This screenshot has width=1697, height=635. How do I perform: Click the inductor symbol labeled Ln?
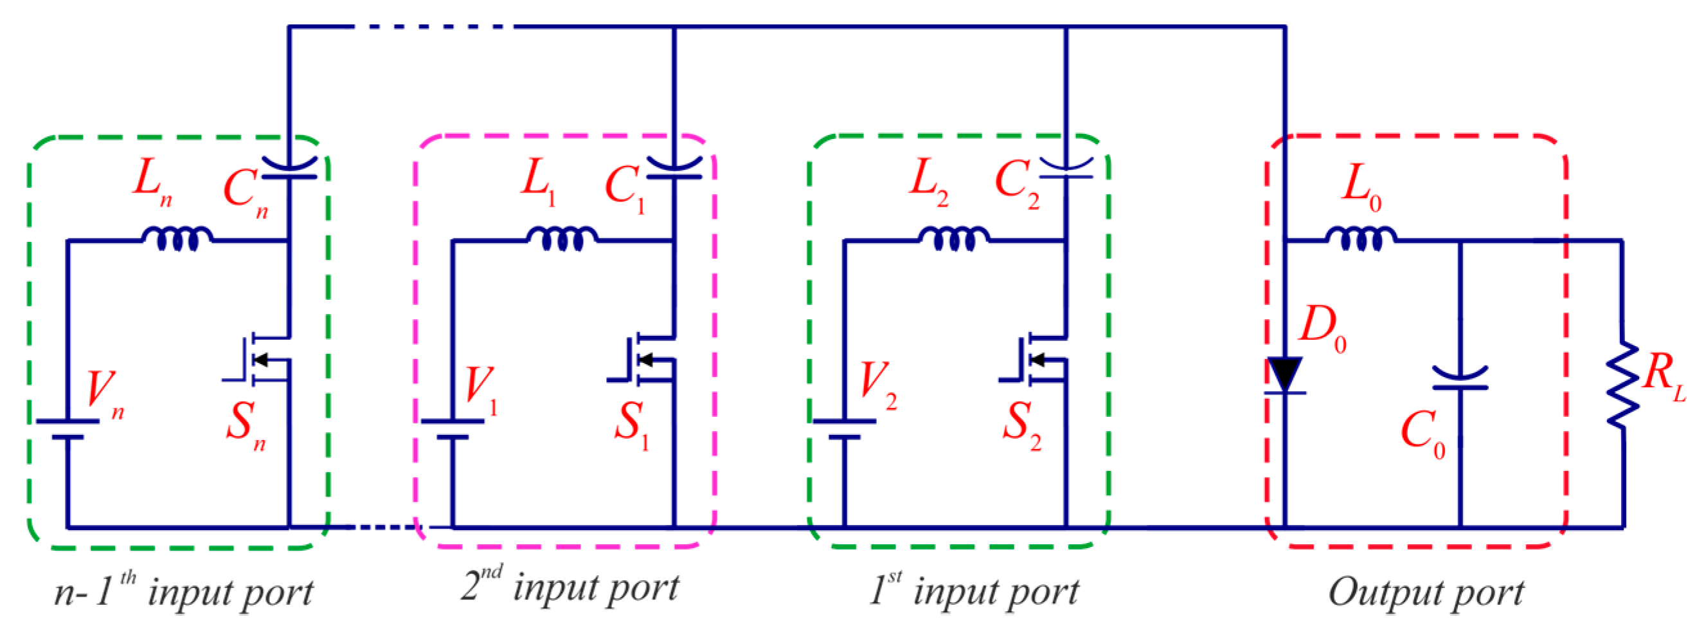tap(177, 239)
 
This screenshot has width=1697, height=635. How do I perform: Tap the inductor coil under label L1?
tap(562, 239)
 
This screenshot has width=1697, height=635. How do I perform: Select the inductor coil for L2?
tap(953, 239)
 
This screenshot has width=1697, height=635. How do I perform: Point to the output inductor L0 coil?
tap(1361, 239)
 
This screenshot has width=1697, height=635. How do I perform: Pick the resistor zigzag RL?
tap(1622, 386)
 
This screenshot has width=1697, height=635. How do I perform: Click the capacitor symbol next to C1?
tap(674, 168)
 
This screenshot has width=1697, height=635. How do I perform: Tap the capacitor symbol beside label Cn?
tap(289, 168)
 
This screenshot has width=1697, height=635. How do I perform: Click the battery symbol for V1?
tap(452, 428)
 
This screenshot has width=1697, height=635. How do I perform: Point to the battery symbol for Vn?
tap(67, 428)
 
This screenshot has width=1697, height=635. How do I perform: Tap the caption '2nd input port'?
tap(570, 585)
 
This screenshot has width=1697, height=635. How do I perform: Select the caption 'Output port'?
tap(1426, 591)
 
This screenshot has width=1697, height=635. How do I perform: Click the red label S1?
tap(631, 425)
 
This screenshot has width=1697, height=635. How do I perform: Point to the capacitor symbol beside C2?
tap(1066, 168)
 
